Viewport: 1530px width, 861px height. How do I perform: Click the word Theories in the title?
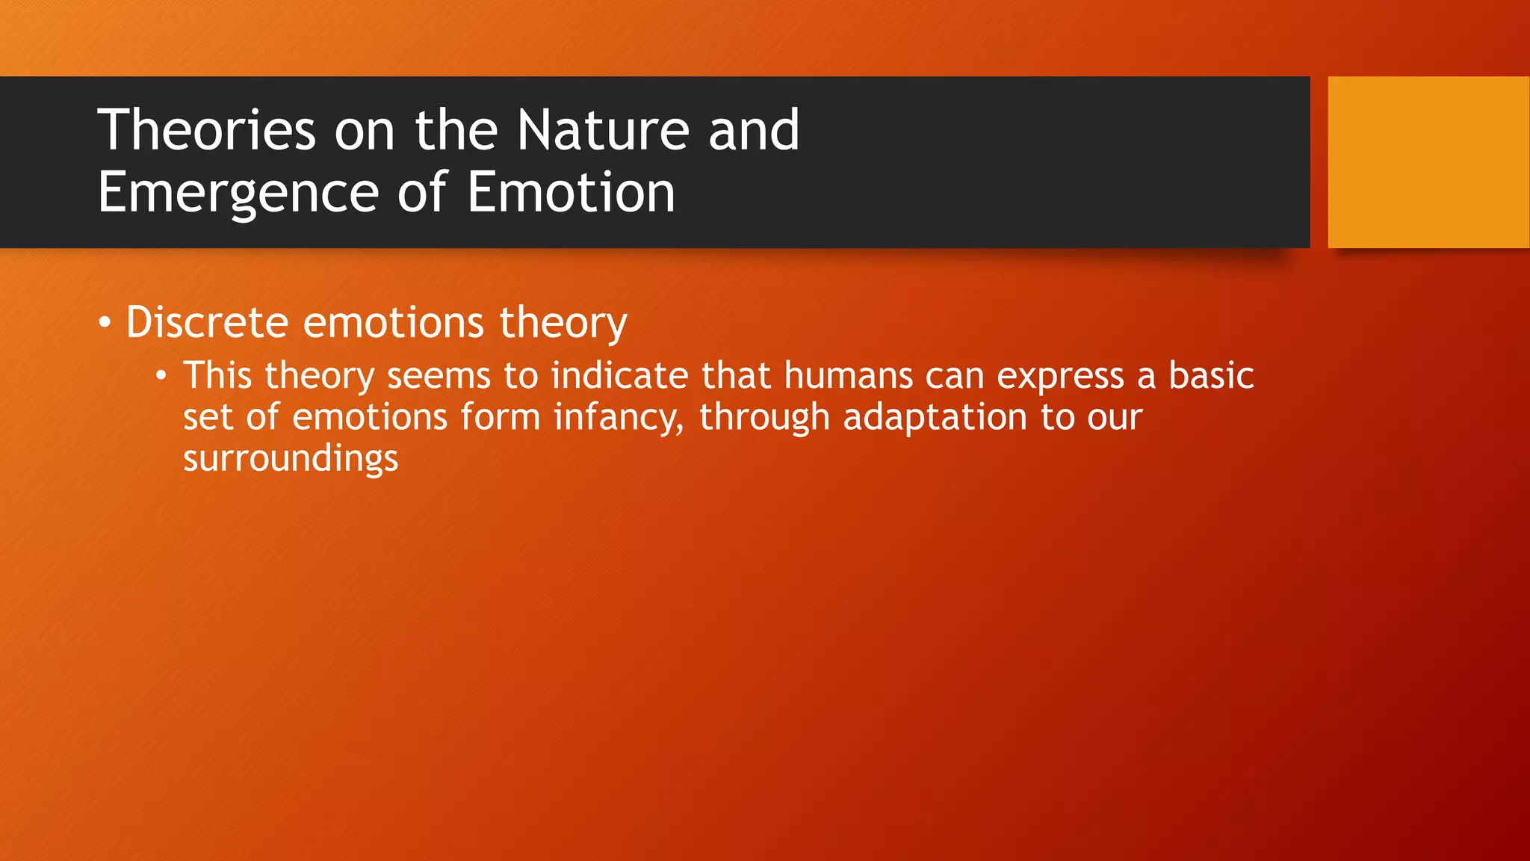(206, 130)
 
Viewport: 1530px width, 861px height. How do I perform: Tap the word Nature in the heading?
(602, 130)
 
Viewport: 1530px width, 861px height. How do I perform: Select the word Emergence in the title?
(238, 193)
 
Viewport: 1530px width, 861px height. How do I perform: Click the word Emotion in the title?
(571, 193)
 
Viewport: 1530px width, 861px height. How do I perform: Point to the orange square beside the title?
(1428, 162)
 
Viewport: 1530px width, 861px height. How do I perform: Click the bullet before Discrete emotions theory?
(105, 324)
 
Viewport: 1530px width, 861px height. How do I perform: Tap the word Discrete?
(207, 322)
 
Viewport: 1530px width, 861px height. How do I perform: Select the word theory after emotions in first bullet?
(563, 324)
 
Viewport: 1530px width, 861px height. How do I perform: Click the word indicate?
(619, 375)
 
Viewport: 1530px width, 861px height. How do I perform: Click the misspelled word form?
(500, 416)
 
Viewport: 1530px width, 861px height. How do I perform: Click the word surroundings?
(291, 459)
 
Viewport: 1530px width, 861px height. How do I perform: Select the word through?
(764, 418)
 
